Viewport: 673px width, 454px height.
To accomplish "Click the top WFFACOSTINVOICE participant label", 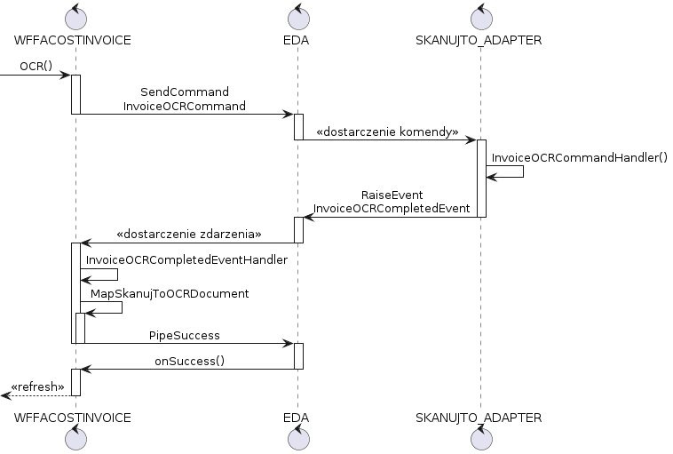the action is pos(73,40).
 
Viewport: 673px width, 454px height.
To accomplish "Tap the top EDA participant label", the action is pos(297,40).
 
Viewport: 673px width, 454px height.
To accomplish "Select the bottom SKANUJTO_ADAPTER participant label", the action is pos(479,418).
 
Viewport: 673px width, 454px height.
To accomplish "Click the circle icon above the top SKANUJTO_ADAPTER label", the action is pos(481,18).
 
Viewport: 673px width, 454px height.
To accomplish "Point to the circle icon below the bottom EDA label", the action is pos(298,438).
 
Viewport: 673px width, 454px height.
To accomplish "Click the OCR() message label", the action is pos(36,66).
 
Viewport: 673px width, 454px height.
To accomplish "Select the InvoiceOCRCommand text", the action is pos(185,106).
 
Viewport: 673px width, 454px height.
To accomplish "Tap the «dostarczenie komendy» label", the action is pos(387,131).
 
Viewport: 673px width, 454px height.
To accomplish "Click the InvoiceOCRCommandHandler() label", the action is pos(580,157).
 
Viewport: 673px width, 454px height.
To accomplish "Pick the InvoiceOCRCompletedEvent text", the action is pos(392,209).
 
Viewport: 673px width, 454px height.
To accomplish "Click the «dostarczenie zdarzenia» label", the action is pos(189,234).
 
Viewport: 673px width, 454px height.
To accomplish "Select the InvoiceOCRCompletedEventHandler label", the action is pos(186,259).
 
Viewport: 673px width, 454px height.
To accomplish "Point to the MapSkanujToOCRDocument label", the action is pos(170,294).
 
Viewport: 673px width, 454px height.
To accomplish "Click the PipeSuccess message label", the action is pos(185,336).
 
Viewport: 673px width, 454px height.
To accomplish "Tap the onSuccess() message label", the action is pos(190,362).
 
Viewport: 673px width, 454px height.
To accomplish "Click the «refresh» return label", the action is pos(37,387).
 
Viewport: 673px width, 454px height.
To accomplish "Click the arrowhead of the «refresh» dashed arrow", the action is pos(5,395).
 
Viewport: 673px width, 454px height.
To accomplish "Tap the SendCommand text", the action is pos(185,92).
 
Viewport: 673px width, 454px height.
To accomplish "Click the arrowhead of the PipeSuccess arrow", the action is pos(288,344).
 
